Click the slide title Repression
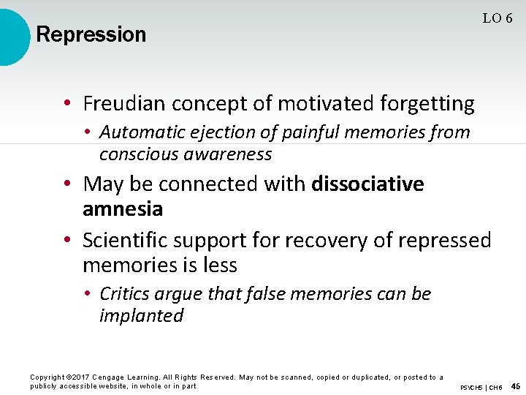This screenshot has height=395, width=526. [91, 34]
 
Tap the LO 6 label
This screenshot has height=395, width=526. [497, 19]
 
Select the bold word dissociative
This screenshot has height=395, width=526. [367, 183]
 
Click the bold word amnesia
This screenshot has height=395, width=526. [123, 209]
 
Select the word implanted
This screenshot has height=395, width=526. [141, 316]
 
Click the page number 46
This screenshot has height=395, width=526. [515, 386]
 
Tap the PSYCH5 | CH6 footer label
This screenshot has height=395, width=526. [481, 387]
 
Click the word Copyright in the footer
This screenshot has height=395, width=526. [46, 377]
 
